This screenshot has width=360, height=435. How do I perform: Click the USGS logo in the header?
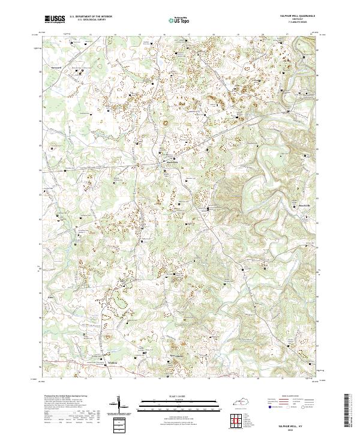point(55,19)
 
